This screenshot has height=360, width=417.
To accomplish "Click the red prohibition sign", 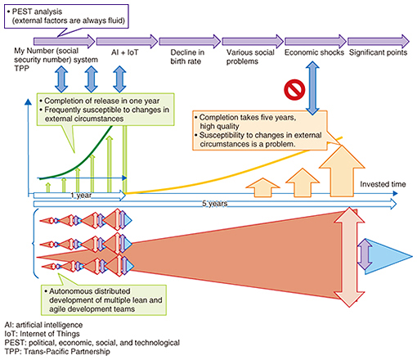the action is pyautogui.click(x=294, y=89).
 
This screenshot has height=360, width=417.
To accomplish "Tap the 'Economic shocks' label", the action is pyautogui.click(x=314, y=52).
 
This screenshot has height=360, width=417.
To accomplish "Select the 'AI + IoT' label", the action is pyautogui.click(x=125, y=52).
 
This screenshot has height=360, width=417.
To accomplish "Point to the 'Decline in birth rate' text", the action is pyautogui.click(x=187, y=56).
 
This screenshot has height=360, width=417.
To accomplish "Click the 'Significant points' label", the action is pyautogui.click(x=378, y=52).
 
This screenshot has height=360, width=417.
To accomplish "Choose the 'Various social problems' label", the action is pyautogui.click(x=250, y=56).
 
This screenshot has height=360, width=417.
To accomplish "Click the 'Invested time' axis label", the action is pyautogui.click(x=383, y=184).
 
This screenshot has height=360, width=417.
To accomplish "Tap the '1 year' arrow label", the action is pyautogui.click(x=81, y=196).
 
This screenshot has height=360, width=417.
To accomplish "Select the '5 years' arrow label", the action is pyautogui.click(x=214, y=204).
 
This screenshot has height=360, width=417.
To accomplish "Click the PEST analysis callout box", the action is pyautogui.click(x=66, y=16).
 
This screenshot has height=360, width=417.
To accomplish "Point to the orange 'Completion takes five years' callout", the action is pyautogui.click(x=259, y=131).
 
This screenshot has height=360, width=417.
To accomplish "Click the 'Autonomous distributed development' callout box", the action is pyautogui.click(x=104, y=300).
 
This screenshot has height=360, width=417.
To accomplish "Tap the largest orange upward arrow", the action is pyautogui.click(x=342, y=171).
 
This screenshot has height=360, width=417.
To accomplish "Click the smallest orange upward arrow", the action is pyautogui.click(x=262, y=187).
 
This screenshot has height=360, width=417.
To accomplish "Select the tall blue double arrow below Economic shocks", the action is pyautogui.click(x=312, y=88).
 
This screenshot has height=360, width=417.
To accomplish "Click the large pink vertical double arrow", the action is pyautogui.click(x=349, y=257).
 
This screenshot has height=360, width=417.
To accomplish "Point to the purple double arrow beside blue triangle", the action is pyautogui.click(x=365, y=254).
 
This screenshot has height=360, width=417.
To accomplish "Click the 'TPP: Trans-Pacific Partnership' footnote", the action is pyautogui.click(x=57, y=352).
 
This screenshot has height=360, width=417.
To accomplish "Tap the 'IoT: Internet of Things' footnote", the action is pyautogui.click(x=42, y=334).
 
